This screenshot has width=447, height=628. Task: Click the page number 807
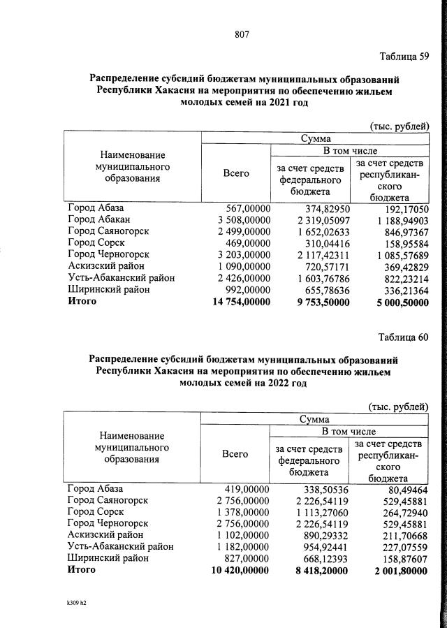242,34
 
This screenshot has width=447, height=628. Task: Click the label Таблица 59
403,57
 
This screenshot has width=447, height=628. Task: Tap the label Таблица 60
403,337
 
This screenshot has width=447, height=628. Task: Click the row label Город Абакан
98,220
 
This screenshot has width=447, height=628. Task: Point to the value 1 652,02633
317,231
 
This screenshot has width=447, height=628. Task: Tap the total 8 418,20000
317,570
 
